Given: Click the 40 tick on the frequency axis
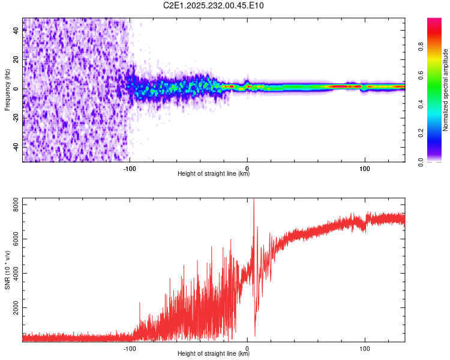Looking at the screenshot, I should [16, 31].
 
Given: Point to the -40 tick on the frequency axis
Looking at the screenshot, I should [16, 146].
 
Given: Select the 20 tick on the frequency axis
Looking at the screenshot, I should [16, 60].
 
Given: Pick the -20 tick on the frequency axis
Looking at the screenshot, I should [16, 118].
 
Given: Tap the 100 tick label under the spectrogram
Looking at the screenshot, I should [365, 168].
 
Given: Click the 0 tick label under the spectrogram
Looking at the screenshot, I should [247, 168].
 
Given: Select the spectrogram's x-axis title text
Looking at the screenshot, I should [214, 174].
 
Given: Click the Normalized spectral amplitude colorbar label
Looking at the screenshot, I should [446, 90].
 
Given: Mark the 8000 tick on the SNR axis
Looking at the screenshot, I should [16, 206].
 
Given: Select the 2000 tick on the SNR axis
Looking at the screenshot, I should [16, 308].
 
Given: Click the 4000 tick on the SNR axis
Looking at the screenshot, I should [16, 274].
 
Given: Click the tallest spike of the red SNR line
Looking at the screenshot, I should [254, 200].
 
